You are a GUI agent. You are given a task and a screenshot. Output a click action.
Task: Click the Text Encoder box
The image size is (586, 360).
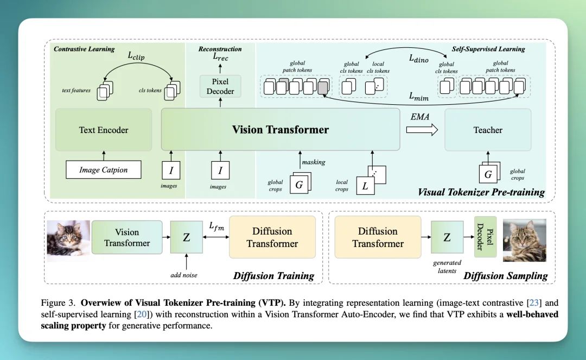[x=104, y=130]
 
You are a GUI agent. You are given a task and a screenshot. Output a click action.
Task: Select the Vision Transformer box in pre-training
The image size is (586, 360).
[x=280, y=130]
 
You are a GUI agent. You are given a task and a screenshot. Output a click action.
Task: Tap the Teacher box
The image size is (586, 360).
[x=488, y=130]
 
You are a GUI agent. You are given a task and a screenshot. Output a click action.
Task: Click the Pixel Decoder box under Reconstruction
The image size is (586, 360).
[x=220, y=87]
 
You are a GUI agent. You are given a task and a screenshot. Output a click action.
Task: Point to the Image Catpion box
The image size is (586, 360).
[x=103, y=170]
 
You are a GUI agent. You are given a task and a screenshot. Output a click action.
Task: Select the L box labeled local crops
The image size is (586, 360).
[x=365, y=185]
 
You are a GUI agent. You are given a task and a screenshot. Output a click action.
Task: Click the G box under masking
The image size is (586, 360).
[x=299, y=185]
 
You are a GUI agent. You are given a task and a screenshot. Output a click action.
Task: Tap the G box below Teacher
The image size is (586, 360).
[x=488, y=174]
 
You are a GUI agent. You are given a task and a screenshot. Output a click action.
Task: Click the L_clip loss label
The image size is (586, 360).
[x=136, y=55]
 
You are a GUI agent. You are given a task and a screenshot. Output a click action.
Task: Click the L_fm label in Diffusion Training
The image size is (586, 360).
[x=216, y=226]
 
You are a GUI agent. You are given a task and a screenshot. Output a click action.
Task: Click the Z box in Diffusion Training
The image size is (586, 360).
[x=186, y=237]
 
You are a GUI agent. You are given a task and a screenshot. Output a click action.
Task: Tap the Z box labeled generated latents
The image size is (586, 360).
[x=447, y=237]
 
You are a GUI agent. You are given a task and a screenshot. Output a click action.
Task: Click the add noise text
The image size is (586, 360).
[x=184, y=275]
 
